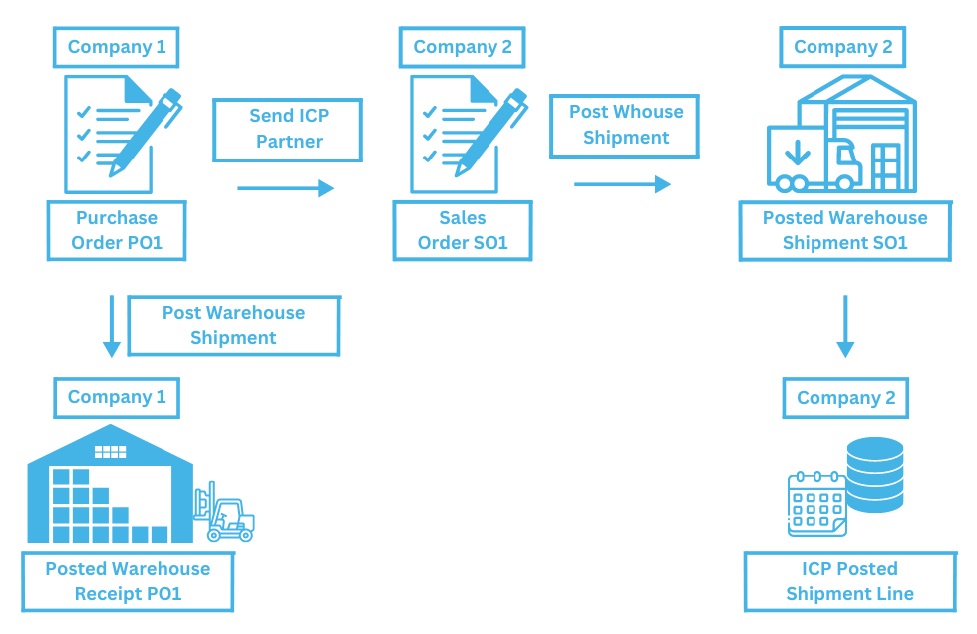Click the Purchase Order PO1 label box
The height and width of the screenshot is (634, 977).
point(117,230)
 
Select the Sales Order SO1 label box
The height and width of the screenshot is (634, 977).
point(463,230)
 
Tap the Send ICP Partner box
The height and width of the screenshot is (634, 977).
point(288,129)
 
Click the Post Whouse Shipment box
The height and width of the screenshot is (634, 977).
point(625,126)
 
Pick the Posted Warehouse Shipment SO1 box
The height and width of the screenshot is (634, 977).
point(844,230)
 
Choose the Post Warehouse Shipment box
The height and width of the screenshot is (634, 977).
point(233,325)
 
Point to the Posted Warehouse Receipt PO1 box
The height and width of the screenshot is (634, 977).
point(128,581)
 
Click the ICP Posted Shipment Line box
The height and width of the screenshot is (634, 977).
point(849,581)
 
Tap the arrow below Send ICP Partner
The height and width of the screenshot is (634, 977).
point(285,188)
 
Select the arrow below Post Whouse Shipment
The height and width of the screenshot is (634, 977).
point(622,184)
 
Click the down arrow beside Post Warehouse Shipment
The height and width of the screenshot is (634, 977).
point(112,325)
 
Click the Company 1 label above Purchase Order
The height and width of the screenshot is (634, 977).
point(117,47)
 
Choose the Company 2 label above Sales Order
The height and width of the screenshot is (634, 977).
point(463,47)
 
